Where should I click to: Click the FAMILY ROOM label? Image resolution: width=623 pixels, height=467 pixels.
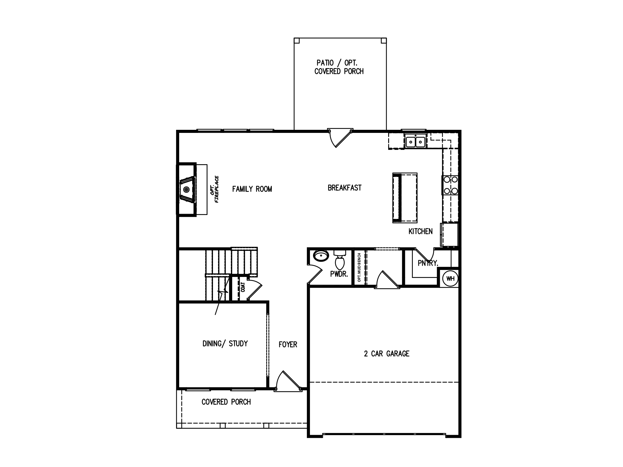click(252, 189)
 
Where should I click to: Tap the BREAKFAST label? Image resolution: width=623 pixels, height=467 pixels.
click(344, 188)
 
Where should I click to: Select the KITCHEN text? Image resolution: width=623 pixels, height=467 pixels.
click(420, 231)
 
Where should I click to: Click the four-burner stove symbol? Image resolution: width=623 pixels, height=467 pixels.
click(450, 185)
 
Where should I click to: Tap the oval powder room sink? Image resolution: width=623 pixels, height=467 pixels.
click(321, 256)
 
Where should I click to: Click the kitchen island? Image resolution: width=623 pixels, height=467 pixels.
click(405, 198)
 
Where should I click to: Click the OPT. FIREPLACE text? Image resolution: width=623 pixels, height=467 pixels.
click(214, 189)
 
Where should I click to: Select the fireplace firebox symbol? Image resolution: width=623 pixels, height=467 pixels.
click(186, 189)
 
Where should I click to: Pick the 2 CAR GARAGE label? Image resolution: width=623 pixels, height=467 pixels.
click(387, 354)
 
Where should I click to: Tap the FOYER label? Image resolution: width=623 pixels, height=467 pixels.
click(288, 344)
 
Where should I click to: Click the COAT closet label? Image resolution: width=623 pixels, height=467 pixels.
click(243, 287)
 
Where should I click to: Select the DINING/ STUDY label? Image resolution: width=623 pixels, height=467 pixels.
click(225, 344)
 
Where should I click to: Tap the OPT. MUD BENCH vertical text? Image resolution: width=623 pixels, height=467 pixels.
click(359, 267)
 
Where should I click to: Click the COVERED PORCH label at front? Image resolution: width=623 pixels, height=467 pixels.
click(226, 402)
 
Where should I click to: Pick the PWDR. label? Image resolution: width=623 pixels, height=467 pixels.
click(339, 274)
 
